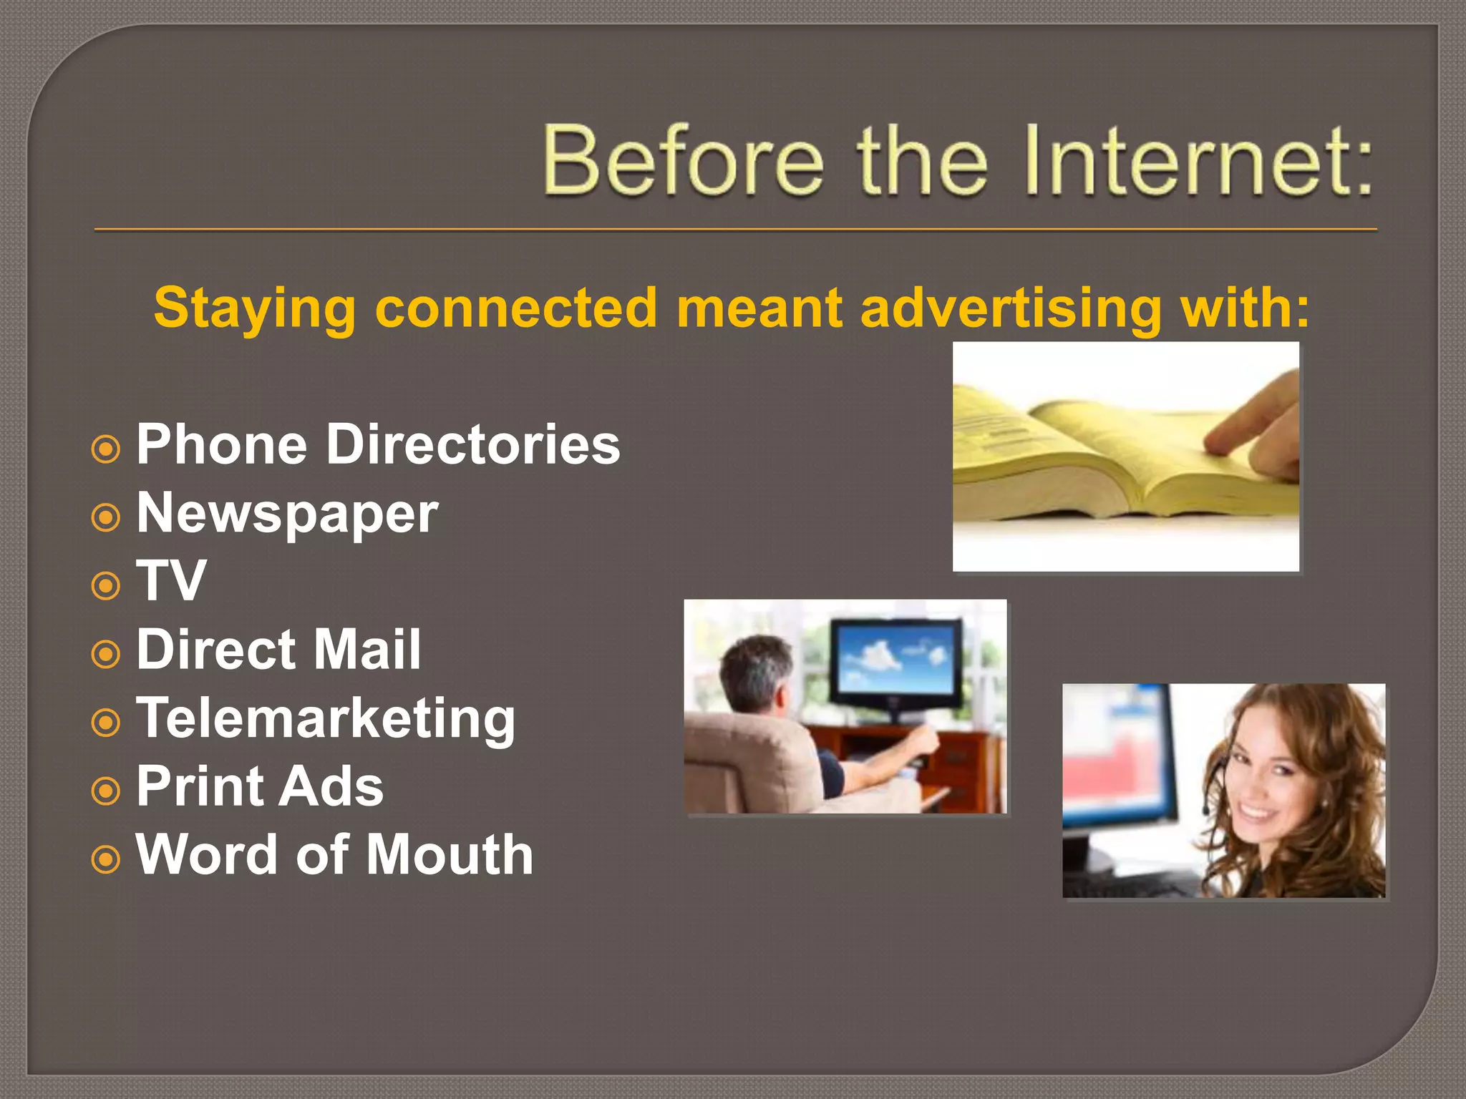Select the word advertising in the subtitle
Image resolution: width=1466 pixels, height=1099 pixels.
pos(1011,308)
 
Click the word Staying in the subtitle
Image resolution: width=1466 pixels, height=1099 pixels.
pos(254,308)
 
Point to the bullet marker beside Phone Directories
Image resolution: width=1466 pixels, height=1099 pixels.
pos(106,449)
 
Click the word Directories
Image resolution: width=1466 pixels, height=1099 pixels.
pos(473,444)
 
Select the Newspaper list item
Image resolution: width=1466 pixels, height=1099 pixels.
pos(287,514)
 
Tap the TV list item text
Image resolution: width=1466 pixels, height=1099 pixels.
pos(171,581)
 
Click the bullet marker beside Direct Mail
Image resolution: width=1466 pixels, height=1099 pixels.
pos(106,654)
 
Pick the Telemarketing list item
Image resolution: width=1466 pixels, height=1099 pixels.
pos(326,718)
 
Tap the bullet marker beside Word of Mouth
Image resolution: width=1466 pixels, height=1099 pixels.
pos(106,859)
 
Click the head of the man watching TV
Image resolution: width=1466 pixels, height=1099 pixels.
pos(755,673)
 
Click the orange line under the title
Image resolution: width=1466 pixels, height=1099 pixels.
pos(735,230)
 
